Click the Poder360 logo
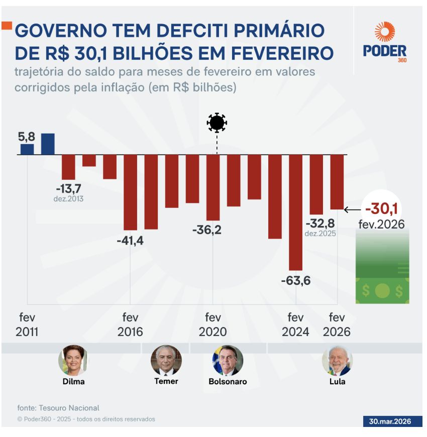click(x=384, y=42)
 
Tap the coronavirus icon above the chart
click(x=217, y=123)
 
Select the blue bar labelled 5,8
click(x=27, y=149)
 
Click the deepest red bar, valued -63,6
click(x=295, y=212)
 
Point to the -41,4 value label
click(x=130, y=241)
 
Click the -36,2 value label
click(x=206, y=231)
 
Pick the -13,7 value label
click(x=68, y=188)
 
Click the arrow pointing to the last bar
click(x=353, y=209)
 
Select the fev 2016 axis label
click(x=130, y=325)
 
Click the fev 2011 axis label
click(x=27, y=325)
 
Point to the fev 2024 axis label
click(x=295, y=325)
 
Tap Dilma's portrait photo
click(x=73, y=360)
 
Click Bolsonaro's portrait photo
click(x=228, y=360)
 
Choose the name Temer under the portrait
click(x=166, y=381)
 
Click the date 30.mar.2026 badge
click(x=387, y=421)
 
